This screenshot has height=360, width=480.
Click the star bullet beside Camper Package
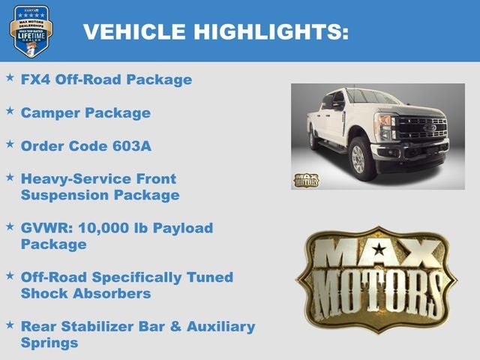(10, 111)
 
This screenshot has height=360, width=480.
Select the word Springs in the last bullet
(49, 343)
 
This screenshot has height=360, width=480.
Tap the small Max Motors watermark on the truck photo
(306, 180)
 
